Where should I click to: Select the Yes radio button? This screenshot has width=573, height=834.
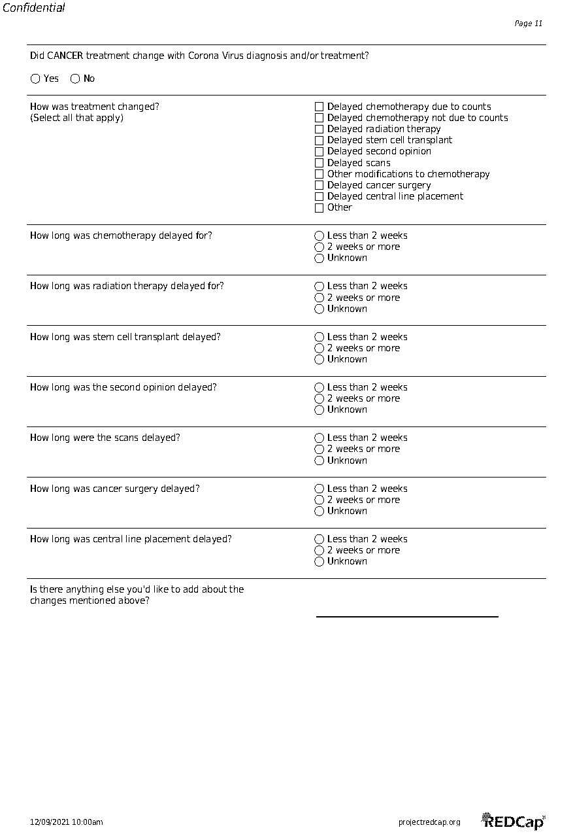click(35, 79)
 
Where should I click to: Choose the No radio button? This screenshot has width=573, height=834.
click(75, 79)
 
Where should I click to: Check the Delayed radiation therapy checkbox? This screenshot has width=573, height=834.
click(319, 129)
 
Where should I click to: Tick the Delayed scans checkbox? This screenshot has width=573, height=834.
click(319, 163)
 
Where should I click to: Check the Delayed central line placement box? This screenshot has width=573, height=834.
click(319, 196)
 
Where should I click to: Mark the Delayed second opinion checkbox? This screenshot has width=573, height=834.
click(319, 151)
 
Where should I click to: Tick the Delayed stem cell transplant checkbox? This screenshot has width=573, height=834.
click(319, 140)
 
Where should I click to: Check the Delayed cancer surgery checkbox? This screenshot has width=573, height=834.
click(319, 185)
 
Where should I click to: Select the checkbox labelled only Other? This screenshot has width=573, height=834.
click(319, 208)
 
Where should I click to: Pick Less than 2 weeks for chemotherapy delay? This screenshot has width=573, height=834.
click(319, 235)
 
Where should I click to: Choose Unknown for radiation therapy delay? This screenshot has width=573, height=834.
click(319, 309)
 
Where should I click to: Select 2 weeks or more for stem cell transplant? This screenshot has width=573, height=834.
click(319, 348)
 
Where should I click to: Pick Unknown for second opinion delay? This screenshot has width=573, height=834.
click(319, 410)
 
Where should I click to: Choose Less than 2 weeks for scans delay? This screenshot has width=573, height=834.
click(319, 438)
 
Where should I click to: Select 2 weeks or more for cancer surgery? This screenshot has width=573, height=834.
click(319, 500)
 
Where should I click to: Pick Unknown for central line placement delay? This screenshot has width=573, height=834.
click(319, 562)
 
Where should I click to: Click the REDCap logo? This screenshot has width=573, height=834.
click(514, 821)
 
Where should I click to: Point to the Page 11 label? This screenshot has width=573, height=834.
click(528, 24)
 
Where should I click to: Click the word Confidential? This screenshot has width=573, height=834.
click(34, 8)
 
